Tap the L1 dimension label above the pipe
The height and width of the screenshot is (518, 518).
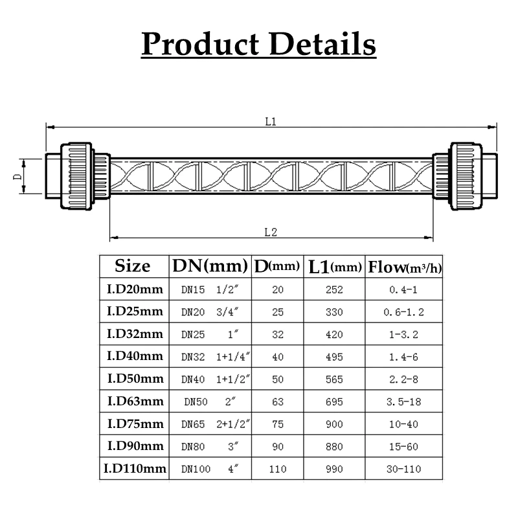(x=271, y=122)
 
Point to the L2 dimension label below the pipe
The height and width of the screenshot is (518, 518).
(x=271, y=232)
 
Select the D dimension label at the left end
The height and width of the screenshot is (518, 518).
(x=17, y=176)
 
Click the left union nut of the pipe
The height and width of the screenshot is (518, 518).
(x=76, y=175)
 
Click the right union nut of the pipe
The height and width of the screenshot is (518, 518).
(x=466, y=176)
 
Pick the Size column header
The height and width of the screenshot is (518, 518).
(x=133, y=266)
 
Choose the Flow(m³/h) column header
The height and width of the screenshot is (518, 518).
(x=404, y=267)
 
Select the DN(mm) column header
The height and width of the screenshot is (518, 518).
(x=210, y=266)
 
